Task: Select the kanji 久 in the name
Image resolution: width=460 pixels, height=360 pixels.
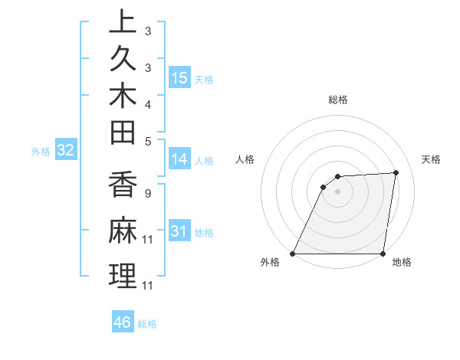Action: pos(123,61)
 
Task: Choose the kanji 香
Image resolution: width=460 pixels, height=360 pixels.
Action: pos(123,186)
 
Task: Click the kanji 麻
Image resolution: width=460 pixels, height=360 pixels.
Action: pos(123,231)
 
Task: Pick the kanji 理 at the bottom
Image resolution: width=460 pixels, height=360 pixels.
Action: pos(123,276)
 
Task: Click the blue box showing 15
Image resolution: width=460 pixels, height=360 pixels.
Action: pos(179,77)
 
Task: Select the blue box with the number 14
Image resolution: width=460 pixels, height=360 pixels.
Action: pos(179,159)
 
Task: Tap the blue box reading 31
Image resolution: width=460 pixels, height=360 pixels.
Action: pos(179,231)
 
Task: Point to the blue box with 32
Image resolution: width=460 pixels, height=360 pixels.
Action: pos(65,150)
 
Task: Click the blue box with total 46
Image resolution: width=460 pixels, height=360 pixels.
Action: pos(123,322)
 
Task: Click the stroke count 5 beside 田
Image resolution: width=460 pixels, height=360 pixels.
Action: pos(148,141)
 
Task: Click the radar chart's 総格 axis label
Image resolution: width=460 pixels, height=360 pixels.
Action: pos(337,100)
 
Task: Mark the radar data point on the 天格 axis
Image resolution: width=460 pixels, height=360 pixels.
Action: pos(396,173)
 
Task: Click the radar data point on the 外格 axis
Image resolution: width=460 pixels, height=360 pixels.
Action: pos(293,254)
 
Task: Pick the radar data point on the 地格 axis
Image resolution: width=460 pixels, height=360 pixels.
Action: pos(383,254)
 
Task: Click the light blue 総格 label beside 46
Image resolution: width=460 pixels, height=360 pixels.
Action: pos(147,324)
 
